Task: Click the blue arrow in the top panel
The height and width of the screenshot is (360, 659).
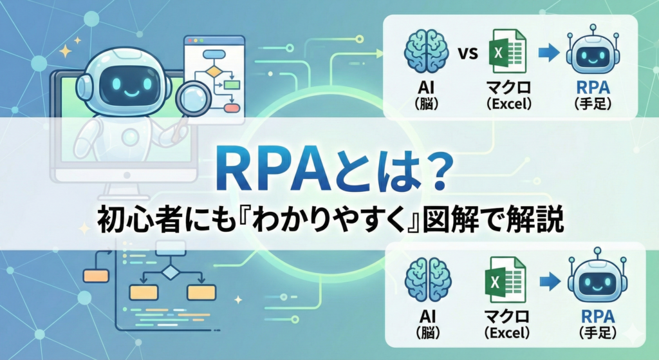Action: (548, 53)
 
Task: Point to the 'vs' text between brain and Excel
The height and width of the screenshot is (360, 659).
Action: (469, 53)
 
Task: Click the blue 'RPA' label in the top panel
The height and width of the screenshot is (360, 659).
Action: (593, 88)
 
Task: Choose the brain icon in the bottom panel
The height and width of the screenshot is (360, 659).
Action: (428, 279)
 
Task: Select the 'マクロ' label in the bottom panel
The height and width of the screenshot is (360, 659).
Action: (506, 316)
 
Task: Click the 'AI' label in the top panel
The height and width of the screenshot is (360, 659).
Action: (426, 88)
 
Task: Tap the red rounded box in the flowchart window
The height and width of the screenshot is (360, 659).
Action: (232, 108)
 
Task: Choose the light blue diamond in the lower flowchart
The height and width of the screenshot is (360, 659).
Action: (170, 272)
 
